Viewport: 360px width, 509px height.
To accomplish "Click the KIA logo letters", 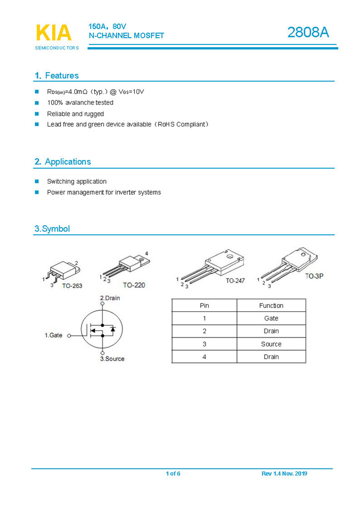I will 54,33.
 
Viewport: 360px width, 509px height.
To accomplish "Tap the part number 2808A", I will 308,33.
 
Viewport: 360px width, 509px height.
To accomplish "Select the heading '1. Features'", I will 57,75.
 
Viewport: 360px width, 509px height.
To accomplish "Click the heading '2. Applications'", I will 63,162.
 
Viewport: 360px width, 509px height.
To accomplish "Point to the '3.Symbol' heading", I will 52,229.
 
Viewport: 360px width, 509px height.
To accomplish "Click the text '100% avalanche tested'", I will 80,103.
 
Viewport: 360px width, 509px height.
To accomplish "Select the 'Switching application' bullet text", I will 77,182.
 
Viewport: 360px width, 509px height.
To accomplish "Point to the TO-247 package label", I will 235,281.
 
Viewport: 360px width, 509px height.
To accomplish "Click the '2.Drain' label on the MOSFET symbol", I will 110,298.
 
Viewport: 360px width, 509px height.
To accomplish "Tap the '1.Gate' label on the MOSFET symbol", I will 54,335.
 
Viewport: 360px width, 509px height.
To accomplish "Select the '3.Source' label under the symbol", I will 112,359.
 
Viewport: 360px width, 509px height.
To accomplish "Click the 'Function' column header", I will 271,305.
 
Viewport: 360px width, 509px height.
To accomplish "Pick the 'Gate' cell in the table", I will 271,318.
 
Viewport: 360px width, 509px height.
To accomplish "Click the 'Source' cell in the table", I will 271,344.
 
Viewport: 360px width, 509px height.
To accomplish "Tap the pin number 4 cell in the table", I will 204,357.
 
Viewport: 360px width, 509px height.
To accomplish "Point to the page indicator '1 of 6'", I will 173,473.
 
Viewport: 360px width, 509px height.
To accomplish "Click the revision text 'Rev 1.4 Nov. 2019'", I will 284,473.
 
